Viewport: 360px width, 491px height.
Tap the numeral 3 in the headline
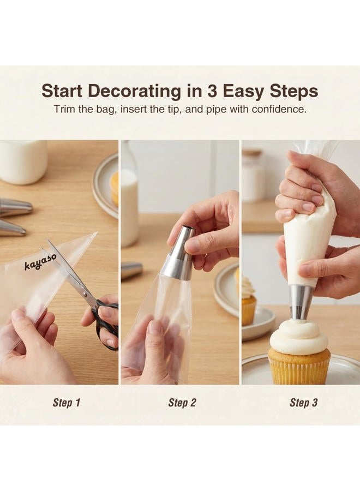(x=212, y=91)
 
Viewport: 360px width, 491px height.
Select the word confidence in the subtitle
(x=279, y=110)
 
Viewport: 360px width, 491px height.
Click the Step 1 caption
(x=67, y=403)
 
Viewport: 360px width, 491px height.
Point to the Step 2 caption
(x=182, y=403)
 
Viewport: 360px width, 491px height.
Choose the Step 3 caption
(x=303, y=403)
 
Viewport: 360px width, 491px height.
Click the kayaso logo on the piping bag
(x=41, y=261)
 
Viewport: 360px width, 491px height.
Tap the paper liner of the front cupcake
(x=299, y=368)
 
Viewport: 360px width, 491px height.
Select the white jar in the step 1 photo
(x=23, y=161)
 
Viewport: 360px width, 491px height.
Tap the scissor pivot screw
(x=84, y=294)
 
